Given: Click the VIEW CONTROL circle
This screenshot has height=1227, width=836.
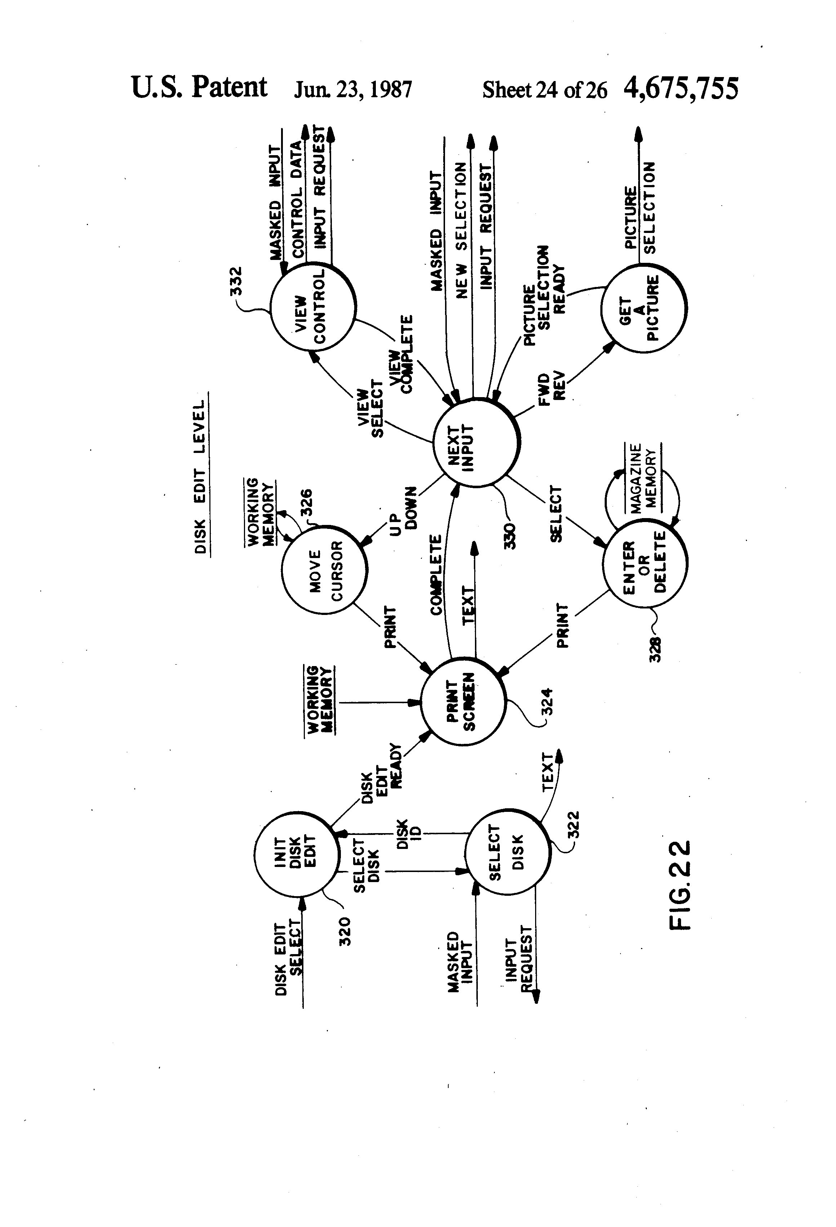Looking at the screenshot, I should pos(313,307).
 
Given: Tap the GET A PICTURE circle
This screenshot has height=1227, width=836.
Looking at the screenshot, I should pos(643,308).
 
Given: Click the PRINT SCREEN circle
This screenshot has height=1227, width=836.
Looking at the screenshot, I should pos(462,702).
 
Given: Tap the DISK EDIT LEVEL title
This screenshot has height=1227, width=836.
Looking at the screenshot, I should pos(200,475).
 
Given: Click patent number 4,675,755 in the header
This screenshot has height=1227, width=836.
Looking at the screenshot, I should pos(681,88).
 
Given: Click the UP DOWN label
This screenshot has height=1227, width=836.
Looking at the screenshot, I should pos(404,508).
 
